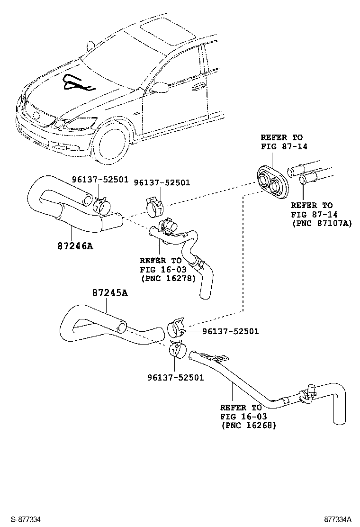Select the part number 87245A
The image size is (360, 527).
tap(109, 293)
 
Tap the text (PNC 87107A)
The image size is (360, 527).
tap(322, 223)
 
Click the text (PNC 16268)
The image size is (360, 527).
tap(248, 426)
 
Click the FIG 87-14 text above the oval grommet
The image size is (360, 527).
tap(284, 146)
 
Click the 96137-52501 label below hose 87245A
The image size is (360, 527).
tap(175, 378)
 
